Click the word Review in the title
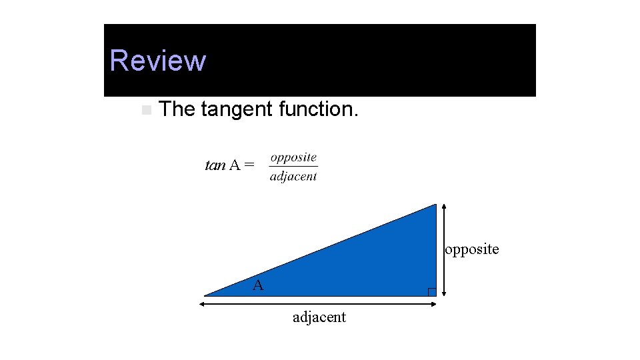(x=158, y=61)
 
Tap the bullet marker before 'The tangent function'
(x=146, y=109)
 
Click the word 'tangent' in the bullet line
(x=237, y=109)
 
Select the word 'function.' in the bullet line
(x=319, y=109)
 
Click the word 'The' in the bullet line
(x=177, y=109)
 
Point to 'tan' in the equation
(x=215, y=165)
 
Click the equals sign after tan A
(x=249, y=165)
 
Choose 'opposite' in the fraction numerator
(x=293, y=158)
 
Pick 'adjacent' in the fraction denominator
(x=293, y=177)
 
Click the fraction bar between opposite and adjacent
(x=293, y=167)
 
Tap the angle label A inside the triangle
(x=258, y=286)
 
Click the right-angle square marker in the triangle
(x=432, y=291)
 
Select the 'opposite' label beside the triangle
(x=472, y=249)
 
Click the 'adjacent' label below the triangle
(x=319, y=317)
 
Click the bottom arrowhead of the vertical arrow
(x=444, y=293)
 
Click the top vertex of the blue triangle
(x=435, y=205)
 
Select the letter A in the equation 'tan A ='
(x=235, y=165)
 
